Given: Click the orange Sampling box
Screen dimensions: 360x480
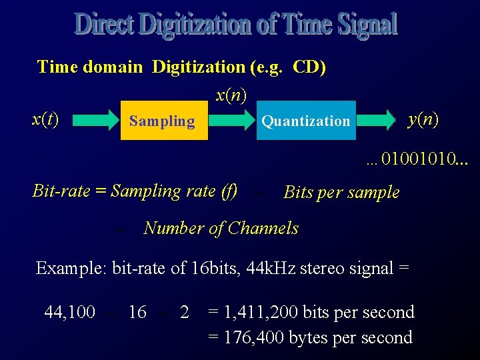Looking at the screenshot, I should coord(164,121).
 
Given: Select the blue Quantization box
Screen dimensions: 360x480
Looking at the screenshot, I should coord(306,121).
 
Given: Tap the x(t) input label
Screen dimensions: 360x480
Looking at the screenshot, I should coord(45,119).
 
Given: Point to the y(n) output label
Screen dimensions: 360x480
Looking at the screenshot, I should coord(423,119).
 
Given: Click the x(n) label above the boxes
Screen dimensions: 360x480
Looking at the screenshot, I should coord(231,95).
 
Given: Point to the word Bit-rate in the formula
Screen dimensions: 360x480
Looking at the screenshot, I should coord(59,191).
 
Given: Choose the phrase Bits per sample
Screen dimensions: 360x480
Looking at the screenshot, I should coord(341,193).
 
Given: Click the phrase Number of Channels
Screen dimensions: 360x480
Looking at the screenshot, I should coord(221,229).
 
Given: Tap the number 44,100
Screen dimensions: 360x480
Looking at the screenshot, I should coord(69,312).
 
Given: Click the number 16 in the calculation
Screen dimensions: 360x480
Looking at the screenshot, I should coord(137,312).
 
